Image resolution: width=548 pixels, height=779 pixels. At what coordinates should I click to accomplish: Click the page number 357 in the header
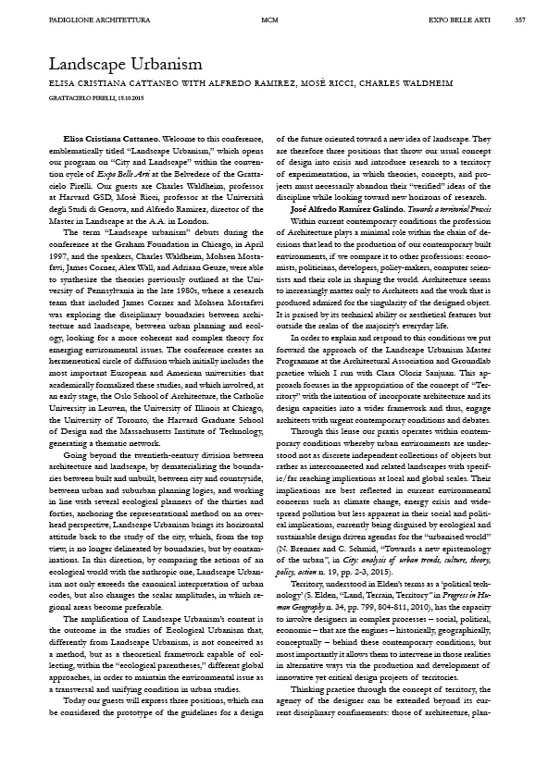pyautogui.click(x=520, y=19)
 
